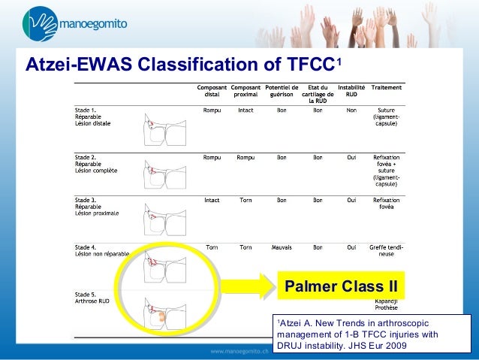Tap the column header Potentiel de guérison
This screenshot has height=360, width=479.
coord(282,92)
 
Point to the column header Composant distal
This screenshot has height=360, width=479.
coord(211,92)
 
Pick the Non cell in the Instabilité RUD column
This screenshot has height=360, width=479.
coord(351,110)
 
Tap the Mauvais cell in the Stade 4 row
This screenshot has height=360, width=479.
coord(282,246)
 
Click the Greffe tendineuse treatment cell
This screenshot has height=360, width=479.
coord(386,250)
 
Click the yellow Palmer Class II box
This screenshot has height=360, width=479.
coord(340,286)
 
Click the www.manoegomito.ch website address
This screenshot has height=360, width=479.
coord(240,351)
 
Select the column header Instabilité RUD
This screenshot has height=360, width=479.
coord(351,92)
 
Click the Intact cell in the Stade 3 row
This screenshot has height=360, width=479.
coord(211,201)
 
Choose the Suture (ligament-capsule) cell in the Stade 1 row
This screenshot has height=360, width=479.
coord(386,116)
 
